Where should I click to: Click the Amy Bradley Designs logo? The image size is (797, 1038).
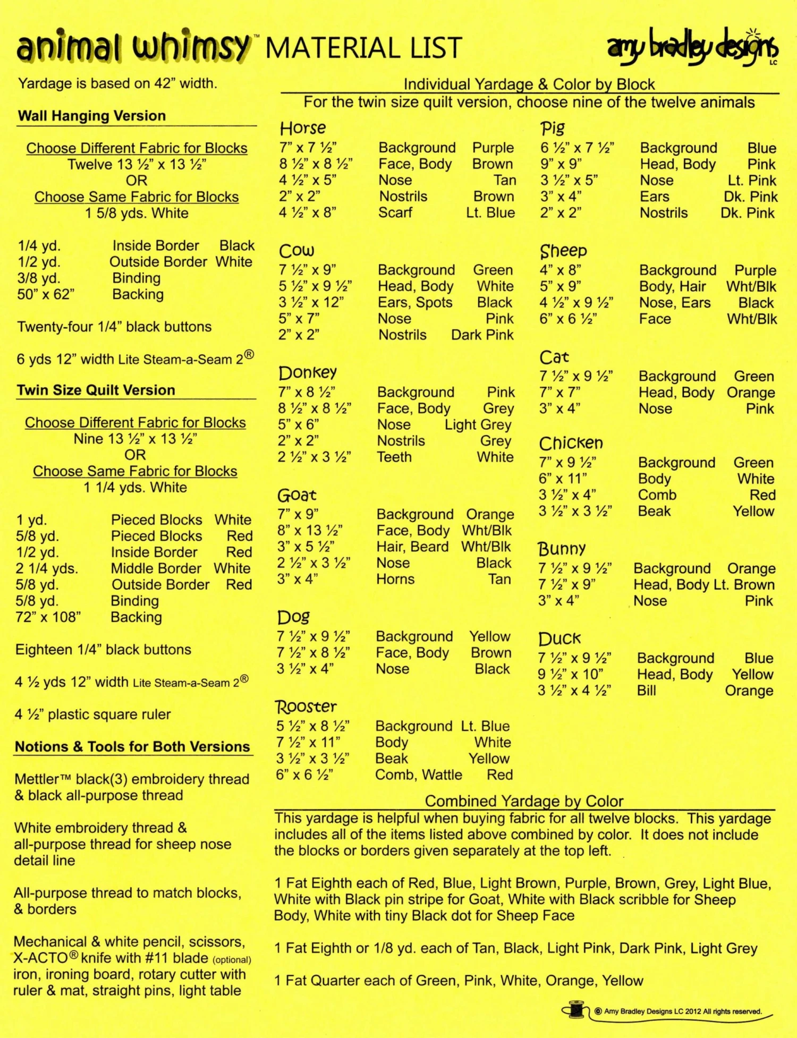point(693,48)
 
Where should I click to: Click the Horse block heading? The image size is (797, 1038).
point(303,128)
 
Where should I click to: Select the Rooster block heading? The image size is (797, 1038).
point(306,707)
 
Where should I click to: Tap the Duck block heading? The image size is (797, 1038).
point(559,639)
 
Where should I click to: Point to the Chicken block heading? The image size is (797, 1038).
point(571,443)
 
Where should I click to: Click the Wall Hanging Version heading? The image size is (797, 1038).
point(92,116)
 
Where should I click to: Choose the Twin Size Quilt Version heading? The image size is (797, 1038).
point(96,390)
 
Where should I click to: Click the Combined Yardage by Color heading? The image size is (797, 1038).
point(524,801)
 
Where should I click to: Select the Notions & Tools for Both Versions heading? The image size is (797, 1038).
point(132,746)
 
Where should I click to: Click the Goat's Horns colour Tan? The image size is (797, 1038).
point(499,579)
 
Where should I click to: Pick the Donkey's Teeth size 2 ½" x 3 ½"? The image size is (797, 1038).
point(314,457)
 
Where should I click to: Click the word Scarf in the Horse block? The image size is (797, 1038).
point(395,212)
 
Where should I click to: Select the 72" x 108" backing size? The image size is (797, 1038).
point(48,617)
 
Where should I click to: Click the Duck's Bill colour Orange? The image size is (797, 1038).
point(749,691)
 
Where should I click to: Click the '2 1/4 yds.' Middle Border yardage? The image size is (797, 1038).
point(47,568)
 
